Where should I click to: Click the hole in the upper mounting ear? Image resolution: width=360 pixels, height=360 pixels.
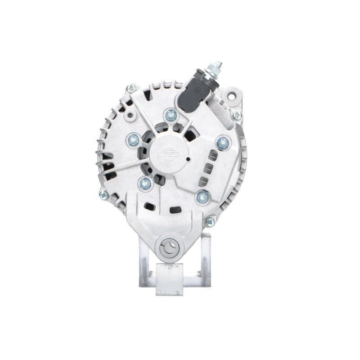[x=231, y=96]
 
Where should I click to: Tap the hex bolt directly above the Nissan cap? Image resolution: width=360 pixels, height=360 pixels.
[x=171, y=115]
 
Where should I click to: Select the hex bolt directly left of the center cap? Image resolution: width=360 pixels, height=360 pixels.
[x=133, y=140]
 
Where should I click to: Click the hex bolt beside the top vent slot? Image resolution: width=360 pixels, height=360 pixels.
[x=223, y=143]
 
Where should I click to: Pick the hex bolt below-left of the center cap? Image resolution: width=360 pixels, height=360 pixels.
[x=145, y=183]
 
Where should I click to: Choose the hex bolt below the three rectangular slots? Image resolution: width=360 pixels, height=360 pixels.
[x=203, y=197]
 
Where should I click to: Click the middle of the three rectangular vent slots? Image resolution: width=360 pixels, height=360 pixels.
[x=208, y=168]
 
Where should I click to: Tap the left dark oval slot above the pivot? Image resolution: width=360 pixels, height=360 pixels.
[x=149, y=207]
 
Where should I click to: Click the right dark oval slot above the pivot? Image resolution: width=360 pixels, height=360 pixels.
[x=175, y=210]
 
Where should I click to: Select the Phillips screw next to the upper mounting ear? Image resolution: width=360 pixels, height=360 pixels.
[x=237, y=116]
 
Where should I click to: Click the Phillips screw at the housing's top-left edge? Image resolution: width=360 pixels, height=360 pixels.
[x=131, y=89]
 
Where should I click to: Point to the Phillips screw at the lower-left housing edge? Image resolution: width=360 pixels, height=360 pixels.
[x=103, y=195]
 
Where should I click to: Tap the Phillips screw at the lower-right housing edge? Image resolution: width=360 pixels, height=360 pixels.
[x=209, y=221]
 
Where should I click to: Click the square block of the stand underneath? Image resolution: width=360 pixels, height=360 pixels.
[x=169, y=279]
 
